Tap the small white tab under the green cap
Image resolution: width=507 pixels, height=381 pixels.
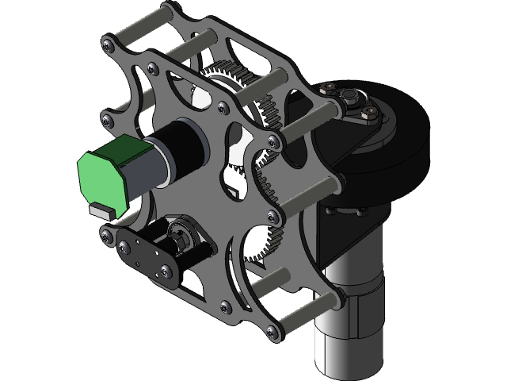101,210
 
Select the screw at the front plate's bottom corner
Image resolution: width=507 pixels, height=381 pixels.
273,331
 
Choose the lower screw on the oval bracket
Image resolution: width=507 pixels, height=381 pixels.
163,273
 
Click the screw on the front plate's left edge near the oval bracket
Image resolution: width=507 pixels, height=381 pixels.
105,232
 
